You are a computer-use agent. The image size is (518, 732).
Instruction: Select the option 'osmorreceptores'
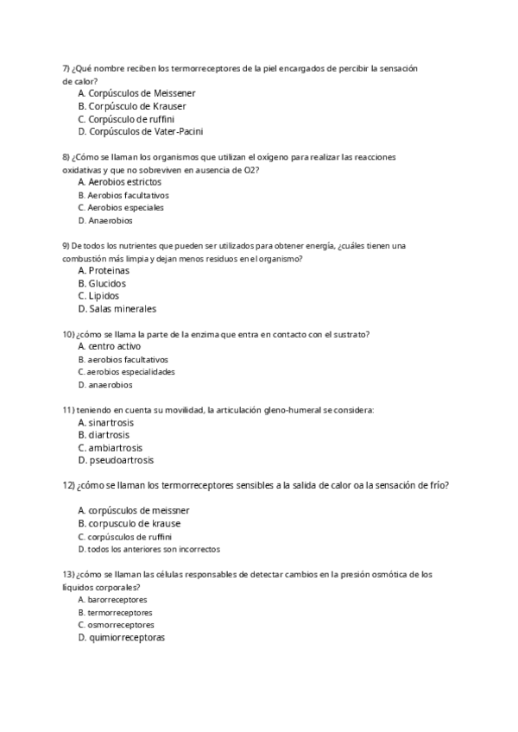(121, 624)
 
